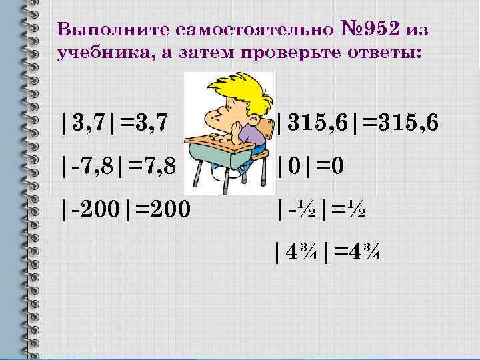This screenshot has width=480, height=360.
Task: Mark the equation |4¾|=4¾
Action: tap(327, 253)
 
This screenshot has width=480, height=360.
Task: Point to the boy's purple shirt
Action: tap(257, 137)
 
